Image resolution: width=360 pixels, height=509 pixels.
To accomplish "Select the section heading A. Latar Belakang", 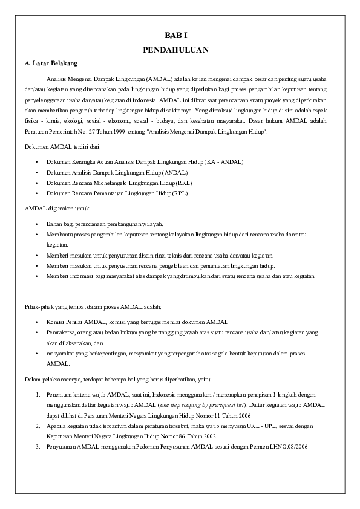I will coord(51,63).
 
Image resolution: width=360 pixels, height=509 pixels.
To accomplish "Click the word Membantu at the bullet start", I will coord(58,234).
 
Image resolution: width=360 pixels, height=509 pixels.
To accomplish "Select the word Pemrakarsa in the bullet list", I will coord(60,332).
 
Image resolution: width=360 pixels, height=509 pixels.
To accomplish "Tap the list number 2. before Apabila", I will coord(38,426).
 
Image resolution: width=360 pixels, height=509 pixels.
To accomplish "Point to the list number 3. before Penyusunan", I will coord(38,447).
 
